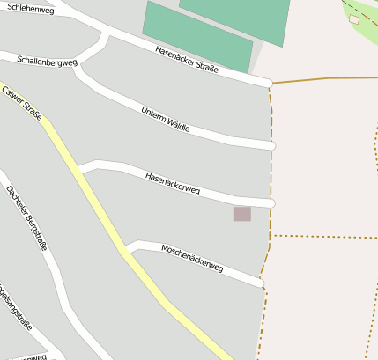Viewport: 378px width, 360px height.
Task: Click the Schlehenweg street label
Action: pyautogui.click(x=28, y=11)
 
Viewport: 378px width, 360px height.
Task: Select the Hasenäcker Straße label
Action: pyautogui.click(x=186, y=59)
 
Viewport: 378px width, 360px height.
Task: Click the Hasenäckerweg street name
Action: pyautogui.click(x=173, y=182)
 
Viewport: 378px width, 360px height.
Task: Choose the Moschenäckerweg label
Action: pyautogui.click(x=192, y=258)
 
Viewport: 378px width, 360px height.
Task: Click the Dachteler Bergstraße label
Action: pyautogui.click(x=26, y=217)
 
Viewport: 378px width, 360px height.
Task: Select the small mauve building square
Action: pyautogui.click(x=242, y=214)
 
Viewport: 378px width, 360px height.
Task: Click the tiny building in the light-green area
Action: pyautogui.click(x=354, y=18)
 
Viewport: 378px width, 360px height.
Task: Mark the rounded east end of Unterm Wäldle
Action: pyautogui.click(x=271, y=145)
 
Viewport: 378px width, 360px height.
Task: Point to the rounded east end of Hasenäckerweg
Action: pyautogui.click(x=271, y=204)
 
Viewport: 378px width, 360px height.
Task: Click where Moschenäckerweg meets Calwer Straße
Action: pyautogui.click(x=126, y=250)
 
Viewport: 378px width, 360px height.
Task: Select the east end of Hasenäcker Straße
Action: pyautogui.click(x=268, y=84)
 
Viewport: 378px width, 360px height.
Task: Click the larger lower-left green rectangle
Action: pyautogui.click(x=197, y=37)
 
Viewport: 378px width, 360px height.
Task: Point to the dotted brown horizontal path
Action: pyautogui.click(x=322, y=237)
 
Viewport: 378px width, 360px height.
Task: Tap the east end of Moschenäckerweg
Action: pyautogui.click(x=260, y=282)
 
